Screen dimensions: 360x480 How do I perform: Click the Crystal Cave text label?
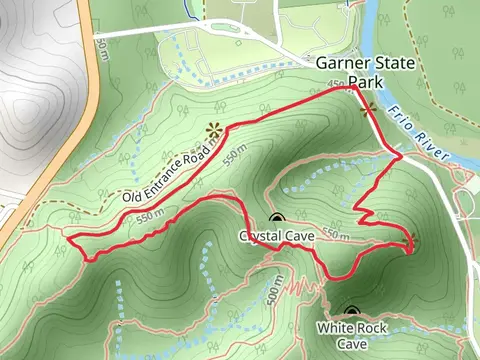click(x=276, y=236)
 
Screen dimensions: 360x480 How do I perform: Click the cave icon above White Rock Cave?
click(x=350, y=312)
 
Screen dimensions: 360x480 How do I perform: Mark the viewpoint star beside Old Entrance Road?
click(x=213, y=130)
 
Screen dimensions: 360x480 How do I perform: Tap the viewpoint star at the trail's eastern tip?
click(x=411, y=241)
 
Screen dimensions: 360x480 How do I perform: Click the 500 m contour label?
click(x=274, y=290)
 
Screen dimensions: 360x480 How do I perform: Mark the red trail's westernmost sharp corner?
click(x=67, y=238)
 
